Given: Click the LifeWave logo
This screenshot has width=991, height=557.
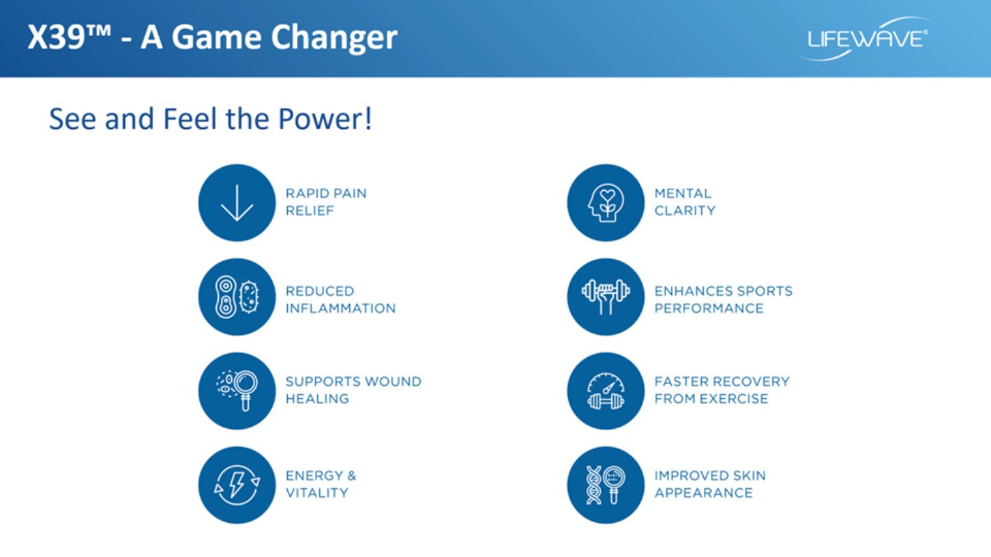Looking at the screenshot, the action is pos(866,39).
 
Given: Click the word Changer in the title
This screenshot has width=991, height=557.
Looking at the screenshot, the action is pos(334,38).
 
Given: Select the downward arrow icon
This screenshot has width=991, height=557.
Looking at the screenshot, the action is pos(237,203).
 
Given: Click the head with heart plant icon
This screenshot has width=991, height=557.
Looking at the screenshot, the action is pos(606,203).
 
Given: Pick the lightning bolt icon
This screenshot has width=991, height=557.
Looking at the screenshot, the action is pos(237,485).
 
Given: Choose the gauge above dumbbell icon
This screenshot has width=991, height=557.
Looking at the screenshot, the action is pos(606,391).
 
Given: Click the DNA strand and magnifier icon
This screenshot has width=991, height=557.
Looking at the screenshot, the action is pos(606,485).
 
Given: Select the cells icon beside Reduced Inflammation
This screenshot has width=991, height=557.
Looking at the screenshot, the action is pos(237,297).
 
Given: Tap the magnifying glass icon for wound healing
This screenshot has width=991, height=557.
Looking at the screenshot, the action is pos(237,391).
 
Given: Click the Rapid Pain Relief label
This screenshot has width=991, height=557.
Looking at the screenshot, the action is pos(326,202).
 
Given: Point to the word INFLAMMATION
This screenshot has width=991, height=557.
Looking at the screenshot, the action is pos(341,308).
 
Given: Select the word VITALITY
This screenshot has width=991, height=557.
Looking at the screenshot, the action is pos(317,493).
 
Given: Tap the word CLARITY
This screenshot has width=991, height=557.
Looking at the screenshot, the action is pos(685,211).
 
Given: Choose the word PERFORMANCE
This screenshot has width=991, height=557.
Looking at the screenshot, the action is pos(709,308).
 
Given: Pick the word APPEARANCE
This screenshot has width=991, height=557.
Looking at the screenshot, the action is pos(703,493).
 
